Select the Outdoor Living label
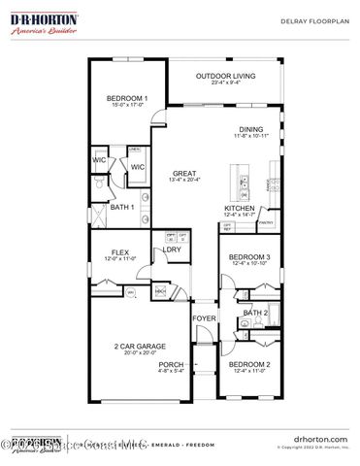225,76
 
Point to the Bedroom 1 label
127,98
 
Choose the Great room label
185,174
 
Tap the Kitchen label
239,208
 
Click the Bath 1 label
121,207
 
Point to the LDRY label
172,250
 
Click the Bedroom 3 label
248,257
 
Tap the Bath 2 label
255,313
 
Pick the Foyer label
203,318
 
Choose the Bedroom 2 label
248,364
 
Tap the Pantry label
264,222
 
